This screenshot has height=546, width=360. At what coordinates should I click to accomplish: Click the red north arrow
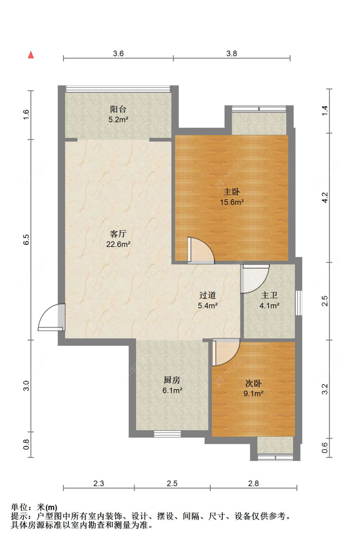pos(31,55)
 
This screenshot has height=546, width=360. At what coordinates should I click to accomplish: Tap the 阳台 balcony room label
pos(118,109)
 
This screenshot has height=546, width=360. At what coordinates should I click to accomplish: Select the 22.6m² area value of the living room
pos(118,244)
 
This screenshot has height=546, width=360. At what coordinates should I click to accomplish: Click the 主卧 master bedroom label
pos(232,192)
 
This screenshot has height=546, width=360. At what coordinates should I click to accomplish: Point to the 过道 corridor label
pos(208,295)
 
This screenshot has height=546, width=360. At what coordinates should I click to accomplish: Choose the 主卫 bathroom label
pos(269,295)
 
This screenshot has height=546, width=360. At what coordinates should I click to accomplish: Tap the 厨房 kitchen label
pos(172,380)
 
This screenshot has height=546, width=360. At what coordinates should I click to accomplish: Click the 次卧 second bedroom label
pos(253,384)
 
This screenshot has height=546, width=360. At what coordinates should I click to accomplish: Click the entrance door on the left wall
pos(52,317)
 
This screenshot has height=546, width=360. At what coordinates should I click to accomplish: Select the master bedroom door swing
pos(201,250)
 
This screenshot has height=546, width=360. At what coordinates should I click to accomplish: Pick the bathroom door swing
pos(255,279)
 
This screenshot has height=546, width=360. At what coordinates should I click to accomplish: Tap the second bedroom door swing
pos(226,352)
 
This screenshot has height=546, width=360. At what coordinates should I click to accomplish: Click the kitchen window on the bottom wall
pos(167,434)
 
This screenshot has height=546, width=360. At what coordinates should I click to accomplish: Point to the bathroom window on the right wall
pos(299,303)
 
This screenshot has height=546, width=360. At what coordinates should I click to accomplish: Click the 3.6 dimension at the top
pos(118,53)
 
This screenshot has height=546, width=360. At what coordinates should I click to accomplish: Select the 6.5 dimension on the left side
pos(26,240)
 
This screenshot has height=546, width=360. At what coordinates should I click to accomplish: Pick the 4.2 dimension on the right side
pos(325,197)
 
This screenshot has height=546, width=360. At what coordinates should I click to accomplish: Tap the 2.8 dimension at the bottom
pos(253,483)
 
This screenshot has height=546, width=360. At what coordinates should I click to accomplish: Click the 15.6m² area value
pos(232,202)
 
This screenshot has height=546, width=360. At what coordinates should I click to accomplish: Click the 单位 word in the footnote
pos(19,508)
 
